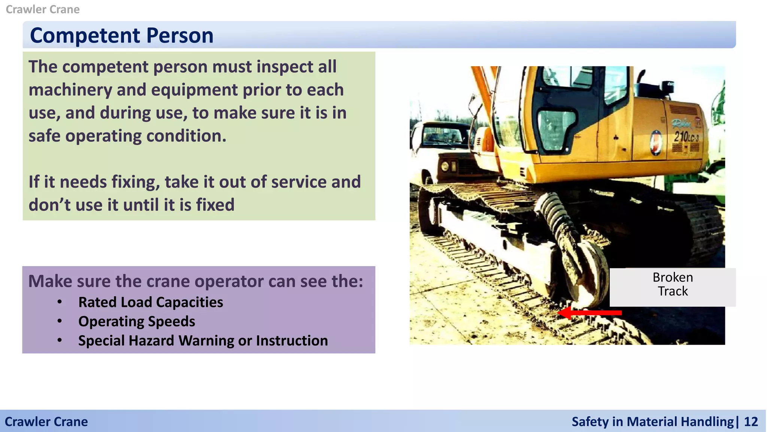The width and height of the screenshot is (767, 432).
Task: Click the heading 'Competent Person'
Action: pyautogui.click(x=121, y=36)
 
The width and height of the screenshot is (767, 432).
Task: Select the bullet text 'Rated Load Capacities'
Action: pyautogui.click(x=151, y=302)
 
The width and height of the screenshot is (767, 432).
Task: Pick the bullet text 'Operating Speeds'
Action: pyautogui.click(x=137, y=321)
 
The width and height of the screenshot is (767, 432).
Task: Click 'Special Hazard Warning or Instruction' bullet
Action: pyautogui.click(x=203, y=340)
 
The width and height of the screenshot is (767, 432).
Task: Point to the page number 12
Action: pyautogui.click(x=751, y=421)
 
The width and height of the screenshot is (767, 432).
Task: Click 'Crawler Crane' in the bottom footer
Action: pyautogui.click(x=46, y=421)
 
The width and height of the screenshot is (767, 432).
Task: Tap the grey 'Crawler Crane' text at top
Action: pyautogui.click(x=43, y=9)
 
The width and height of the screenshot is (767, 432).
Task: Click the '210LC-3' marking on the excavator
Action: pyautogui.click(x=686, y=136)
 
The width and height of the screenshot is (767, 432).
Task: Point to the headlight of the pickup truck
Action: pyautogui.click(x=445, y=166)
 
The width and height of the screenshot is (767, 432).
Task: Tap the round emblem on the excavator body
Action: pyautogui.click(x=656, y=143)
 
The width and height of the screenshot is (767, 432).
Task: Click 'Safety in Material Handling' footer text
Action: pyautogui.click(x=652, y=421)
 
